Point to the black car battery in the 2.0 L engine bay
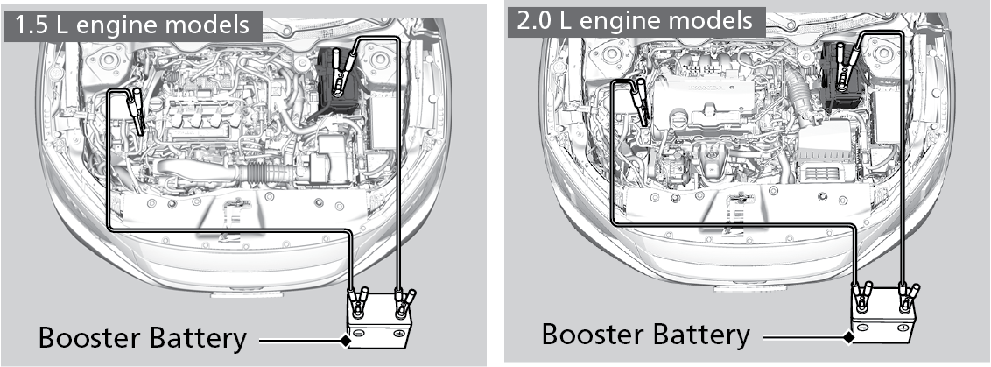[x=842, y=81]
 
